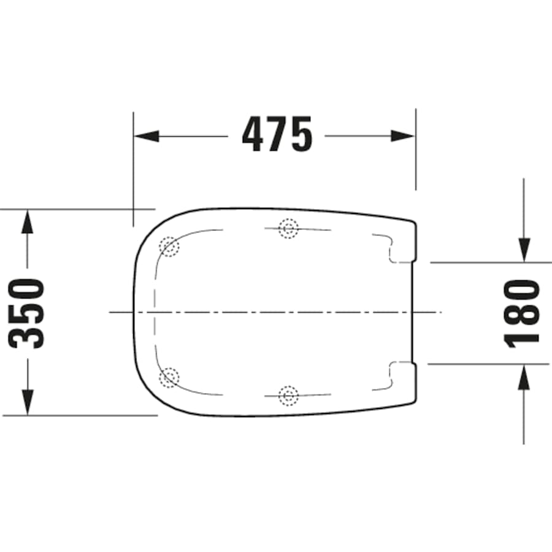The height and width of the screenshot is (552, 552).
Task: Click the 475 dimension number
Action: (x=277, y=135)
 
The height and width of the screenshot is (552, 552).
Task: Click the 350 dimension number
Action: (x=28, y=313)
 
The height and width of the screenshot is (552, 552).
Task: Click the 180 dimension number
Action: (x=523, y=313)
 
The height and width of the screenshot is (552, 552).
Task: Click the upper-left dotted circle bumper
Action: (x=168, y=247)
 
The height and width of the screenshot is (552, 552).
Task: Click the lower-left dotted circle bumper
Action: (x=168, y=377)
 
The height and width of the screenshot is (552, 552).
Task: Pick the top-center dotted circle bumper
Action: (x=288, y=229)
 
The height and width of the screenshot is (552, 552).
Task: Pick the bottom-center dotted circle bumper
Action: (x=288, y=396)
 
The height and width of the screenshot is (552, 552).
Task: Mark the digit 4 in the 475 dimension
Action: (x=255, y=135)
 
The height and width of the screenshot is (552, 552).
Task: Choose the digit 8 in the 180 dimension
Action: (x=523, y=312)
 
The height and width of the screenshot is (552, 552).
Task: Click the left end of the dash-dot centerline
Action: (x=110, y=312)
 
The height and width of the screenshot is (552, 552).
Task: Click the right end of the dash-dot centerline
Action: (x=440, y=312)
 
